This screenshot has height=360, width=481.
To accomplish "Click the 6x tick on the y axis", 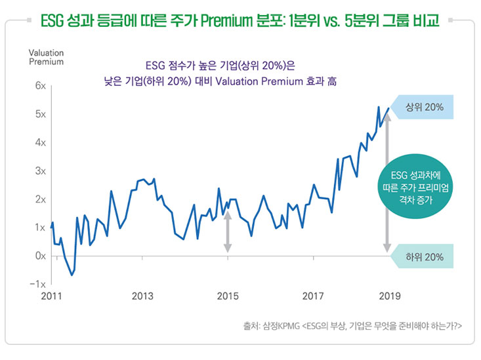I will tap(41, 86).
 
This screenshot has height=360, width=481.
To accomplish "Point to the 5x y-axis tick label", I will tap(41, 114).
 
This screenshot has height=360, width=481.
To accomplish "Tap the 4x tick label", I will tap(41, 142).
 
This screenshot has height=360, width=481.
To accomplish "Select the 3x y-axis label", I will tap(41, 171).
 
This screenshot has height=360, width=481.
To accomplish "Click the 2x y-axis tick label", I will tap(41, 199).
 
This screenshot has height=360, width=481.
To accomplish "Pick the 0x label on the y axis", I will tap(41, 256).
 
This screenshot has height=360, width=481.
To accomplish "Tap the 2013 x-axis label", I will tap(142, 296).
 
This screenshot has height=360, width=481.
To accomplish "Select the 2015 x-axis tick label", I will tap(228, 296).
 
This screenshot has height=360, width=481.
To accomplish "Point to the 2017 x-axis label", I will tap(313, 296).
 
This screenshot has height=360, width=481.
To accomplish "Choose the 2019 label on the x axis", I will tap(388, 296).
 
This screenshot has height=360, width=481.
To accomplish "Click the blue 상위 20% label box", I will tap(423, 108).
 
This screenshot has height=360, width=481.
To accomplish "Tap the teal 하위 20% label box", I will tap(423, 256).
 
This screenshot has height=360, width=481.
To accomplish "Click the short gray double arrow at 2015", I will tap(228, 231).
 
